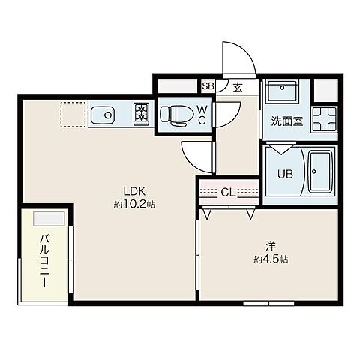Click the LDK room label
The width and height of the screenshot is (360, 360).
point(125,190)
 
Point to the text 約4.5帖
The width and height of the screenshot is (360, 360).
point(270,259)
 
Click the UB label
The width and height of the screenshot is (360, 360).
point(285,174)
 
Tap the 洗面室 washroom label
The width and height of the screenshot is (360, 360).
point(286,121)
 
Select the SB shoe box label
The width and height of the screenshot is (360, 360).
point(208,86)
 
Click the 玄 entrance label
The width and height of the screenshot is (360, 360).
point(237,87)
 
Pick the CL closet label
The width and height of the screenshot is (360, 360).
point(227,191)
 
